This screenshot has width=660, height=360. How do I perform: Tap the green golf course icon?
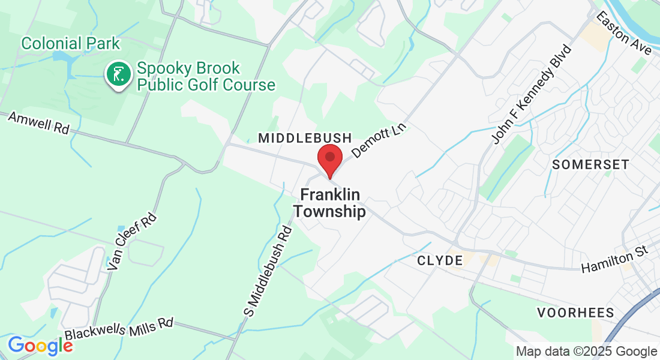pos(118,75)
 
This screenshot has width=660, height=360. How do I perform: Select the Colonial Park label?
pos(70,44)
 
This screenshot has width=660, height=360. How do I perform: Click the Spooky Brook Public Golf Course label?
pos(206,76)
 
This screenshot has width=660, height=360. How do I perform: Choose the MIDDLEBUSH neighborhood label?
pos(305,139)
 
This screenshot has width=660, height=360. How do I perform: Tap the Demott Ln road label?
pos(379,140)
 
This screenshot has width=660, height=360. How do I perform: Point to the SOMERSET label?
pos(590,164)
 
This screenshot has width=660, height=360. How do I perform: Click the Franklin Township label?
pos(329,203)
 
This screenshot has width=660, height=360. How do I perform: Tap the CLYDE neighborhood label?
pos(440,260)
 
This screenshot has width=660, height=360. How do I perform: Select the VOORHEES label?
pos(575,313)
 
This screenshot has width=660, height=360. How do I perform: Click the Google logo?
pos(40,346)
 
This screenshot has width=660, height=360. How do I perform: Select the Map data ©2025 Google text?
pos(586,352)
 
